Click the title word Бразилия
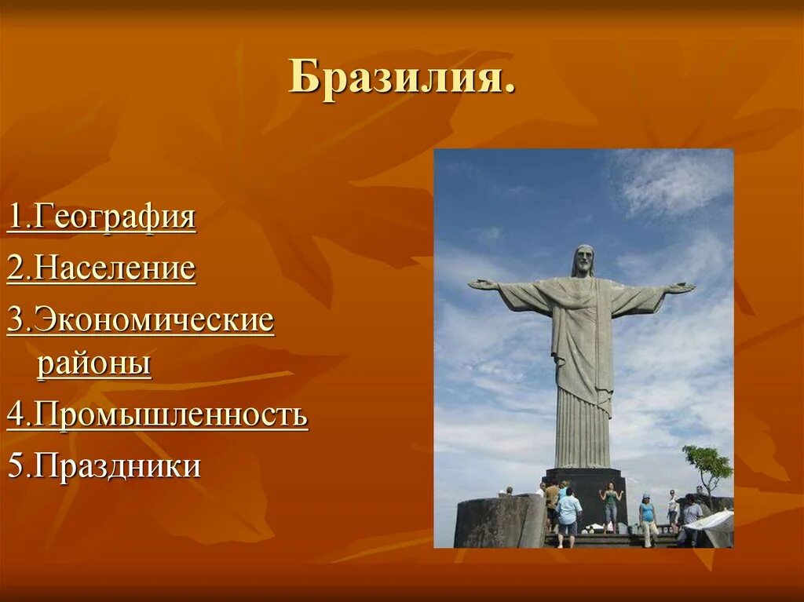[401, 78]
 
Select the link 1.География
[101, 217]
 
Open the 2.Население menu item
[101, 269]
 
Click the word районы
[93, 364]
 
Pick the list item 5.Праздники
[104, 466]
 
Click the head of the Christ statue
[583, 260]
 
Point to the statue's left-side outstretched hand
[480, 283]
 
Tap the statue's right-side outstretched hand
[682, 287]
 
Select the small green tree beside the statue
[707, 465]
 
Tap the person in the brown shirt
[552, 502]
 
